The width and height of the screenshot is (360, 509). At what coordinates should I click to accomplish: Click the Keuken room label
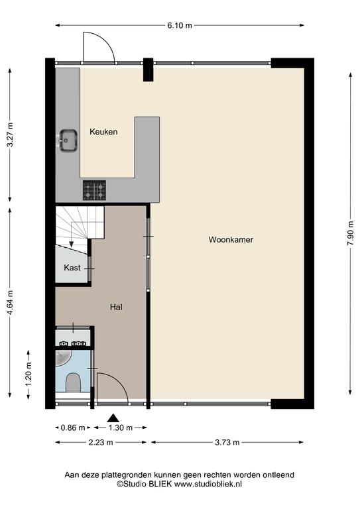pos(103,132)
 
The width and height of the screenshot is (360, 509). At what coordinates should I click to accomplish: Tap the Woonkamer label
pos(231,239)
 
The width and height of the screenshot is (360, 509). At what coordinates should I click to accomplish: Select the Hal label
pos(116,307)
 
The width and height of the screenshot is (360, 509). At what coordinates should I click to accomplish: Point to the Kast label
pos(72,268)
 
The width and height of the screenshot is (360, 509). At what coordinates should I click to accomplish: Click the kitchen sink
pos(68,141)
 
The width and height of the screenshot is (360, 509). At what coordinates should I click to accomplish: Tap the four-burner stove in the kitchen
pos(94,190)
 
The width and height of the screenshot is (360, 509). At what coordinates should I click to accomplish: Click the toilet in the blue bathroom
pos(73,382)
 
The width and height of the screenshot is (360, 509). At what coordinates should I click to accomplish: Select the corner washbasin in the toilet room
pos(62,357)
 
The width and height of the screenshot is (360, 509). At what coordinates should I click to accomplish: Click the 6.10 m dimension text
pos(180,25)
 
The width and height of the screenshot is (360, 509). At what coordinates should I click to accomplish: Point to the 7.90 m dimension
pos(350,233)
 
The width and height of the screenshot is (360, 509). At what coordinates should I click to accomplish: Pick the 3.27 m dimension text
pos(10,135)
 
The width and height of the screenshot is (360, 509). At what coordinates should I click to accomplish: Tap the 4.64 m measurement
pos(10,302)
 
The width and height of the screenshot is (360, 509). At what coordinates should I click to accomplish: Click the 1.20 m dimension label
pos(29,374)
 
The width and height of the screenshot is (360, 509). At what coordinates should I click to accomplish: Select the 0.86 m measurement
pos(73,428)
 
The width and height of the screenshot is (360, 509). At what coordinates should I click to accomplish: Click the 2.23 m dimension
pos(101,442)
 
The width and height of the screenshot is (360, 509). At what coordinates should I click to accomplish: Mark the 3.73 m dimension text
pos(227,442)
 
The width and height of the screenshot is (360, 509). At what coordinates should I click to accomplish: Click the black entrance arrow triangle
pos(113,418)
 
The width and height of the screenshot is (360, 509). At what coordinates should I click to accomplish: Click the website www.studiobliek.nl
pos(208,484)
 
